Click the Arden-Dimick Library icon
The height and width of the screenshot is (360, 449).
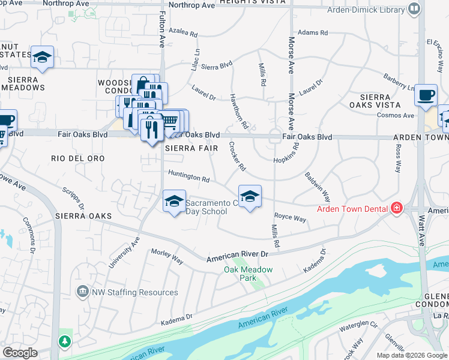[414, 9]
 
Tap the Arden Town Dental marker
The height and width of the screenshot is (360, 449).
[396, 209]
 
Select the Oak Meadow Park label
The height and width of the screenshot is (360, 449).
[249, 274]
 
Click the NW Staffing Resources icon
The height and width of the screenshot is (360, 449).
[82, 292]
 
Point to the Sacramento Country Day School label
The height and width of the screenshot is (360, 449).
[206, 207]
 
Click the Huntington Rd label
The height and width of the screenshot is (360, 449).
[188, 179]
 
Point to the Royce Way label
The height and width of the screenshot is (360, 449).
[290, 217]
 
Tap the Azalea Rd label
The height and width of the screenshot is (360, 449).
[183, 33]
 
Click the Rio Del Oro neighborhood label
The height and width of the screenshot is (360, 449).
[78, 158]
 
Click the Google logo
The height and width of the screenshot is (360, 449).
[19, 353]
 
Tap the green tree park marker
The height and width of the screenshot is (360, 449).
[63, 341]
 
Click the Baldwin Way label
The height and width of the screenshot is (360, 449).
[318, 187]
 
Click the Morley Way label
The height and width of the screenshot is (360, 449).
[167, 257]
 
